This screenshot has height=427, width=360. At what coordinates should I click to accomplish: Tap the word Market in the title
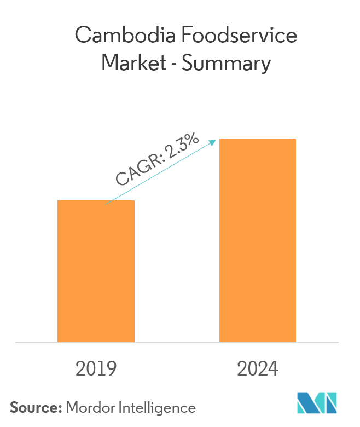pos(133,64)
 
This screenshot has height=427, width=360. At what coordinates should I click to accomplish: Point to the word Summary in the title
pos(227,65)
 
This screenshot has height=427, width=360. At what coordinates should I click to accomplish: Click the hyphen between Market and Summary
pos(174,65)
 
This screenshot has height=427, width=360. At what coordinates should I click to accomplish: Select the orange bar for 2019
pos(96,271)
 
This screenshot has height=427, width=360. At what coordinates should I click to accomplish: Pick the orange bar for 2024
pos(258,240)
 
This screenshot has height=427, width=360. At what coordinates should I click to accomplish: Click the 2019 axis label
pos(96,369)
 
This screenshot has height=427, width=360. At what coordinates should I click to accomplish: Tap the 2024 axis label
pos(258,369)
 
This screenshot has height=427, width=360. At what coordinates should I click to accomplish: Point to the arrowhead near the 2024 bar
pos(213,142)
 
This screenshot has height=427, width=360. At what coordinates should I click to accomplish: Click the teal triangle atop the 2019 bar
pos(129,194)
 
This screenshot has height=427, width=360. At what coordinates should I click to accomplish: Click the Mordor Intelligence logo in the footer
pos(327,403)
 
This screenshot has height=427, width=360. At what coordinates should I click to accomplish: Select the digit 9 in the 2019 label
pos(111,369)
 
